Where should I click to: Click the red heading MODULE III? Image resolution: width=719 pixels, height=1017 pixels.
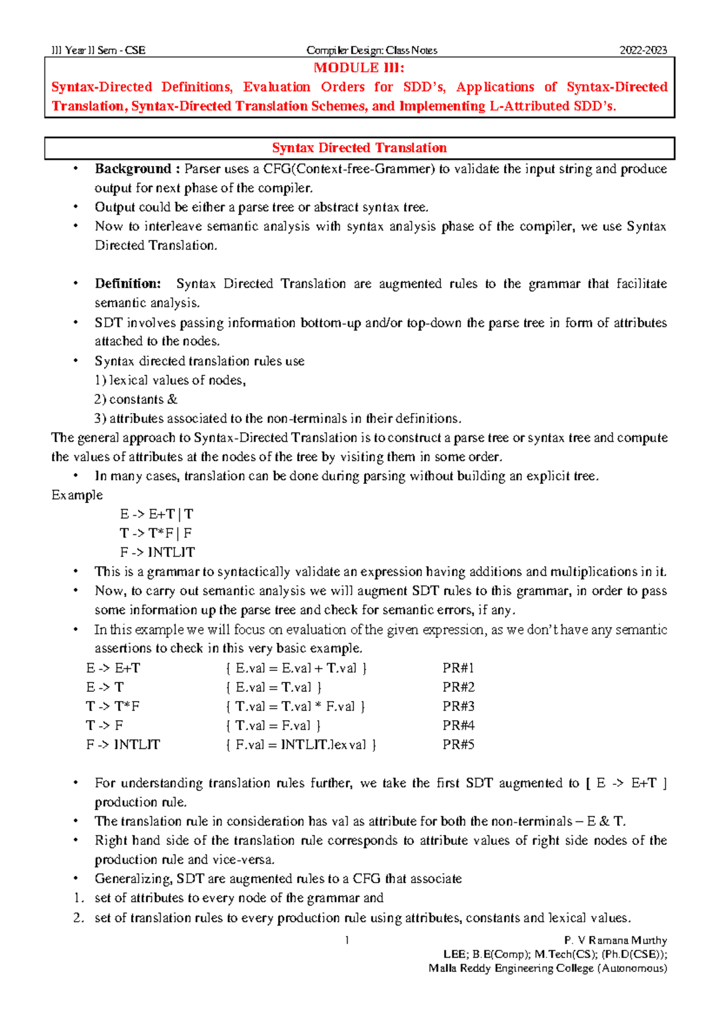[x=359, y=68]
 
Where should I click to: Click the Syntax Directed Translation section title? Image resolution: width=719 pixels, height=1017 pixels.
[x=359, y=148]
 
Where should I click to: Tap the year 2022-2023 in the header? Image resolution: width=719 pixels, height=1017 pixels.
[x=643, y=50]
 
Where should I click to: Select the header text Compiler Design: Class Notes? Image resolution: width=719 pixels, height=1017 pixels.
[x=371, y=50]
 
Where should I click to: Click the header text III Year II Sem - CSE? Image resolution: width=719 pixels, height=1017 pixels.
[x=99, y=50]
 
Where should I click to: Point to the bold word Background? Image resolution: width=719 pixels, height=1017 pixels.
[x=133, y=169]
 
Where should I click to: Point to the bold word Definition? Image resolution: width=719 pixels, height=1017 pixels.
[x=128, y=284]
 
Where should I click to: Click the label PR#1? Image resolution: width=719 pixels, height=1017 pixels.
[x=458, y=668]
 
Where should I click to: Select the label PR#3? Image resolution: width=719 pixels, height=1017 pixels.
[x=458, y=706]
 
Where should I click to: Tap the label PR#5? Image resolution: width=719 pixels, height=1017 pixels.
[x=458, y=745]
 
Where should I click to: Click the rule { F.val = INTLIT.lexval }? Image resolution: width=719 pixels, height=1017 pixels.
[x=301, y=745]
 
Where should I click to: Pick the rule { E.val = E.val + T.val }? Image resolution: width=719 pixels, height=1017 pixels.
[x=296, y=668]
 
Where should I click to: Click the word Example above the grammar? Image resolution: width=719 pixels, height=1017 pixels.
[x=77, y=495]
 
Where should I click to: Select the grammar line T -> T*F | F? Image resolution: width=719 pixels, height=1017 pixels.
[x=156, y=533]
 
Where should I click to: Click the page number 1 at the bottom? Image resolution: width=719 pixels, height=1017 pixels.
[x=347, y=940]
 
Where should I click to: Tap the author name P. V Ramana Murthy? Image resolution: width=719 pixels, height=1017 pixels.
[x=615, y=940]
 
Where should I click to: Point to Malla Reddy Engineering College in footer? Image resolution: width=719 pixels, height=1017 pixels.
[x=510, y=968]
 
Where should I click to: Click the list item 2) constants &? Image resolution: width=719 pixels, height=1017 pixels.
[x=135, y=399]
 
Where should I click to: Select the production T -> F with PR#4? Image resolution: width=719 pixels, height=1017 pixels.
[x=105, y=726]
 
